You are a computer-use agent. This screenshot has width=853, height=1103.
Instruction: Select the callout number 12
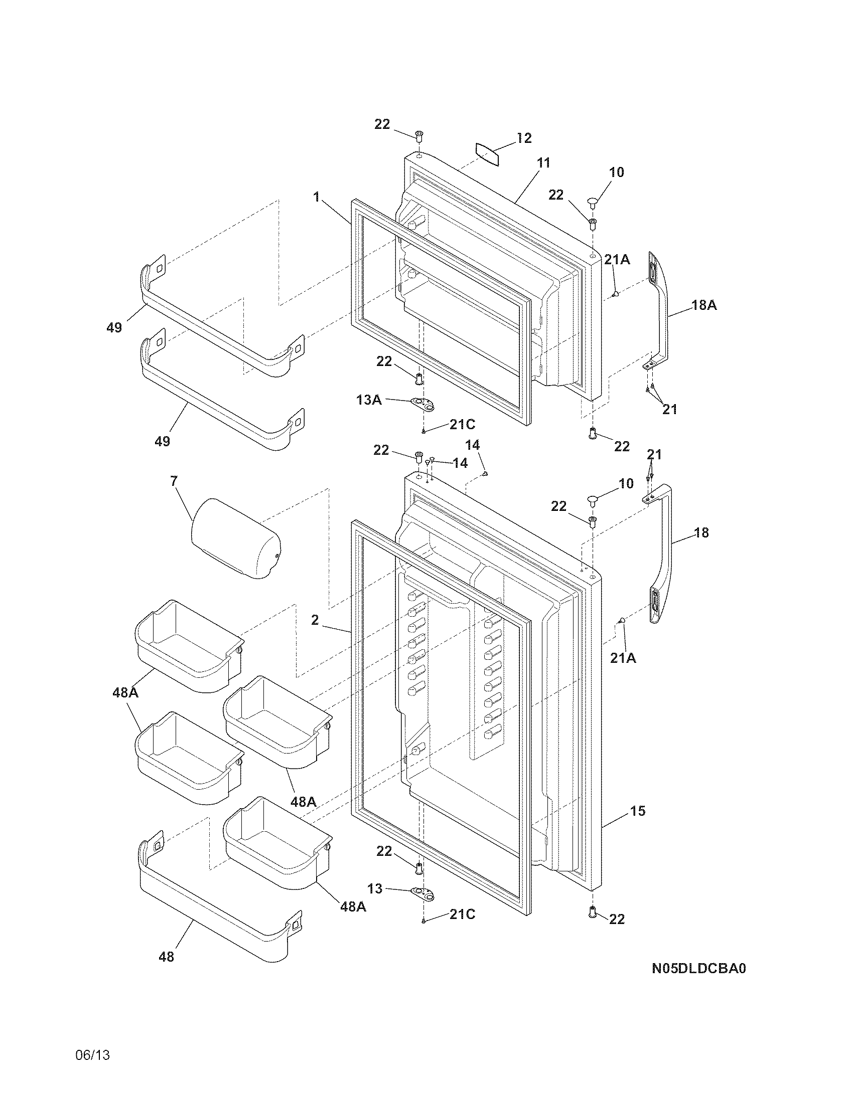(x=524, y=138)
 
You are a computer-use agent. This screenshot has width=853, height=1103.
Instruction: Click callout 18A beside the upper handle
(x=704, y=305)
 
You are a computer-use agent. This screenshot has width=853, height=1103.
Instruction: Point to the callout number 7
(x=174, y=481)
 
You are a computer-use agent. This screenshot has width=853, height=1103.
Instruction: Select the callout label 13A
(x=369, y=400)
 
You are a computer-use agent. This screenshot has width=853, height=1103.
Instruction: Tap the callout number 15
(x=638, y=811)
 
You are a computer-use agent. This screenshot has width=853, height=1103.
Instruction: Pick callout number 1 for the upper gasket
(x=317, y=197)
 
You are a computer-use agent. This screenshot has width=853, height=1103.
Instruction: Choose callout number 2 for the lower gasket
(x=315, y=620)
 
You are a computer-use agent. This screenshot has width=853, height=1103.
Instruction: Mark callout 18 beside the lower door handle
(x=701, y=532)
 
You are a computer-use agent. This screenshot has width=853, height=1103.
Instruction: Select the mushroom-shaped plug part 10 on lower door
(x=593, y=500)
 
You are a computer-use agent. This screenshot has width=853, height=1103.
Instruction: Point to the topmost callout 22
(x=382, y=124)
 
